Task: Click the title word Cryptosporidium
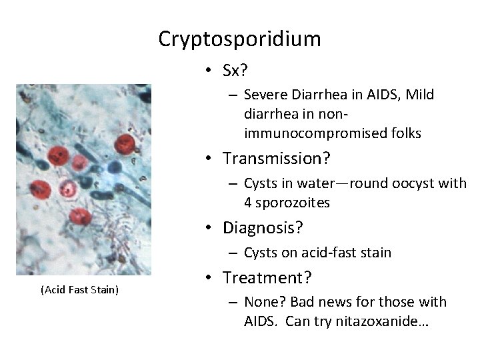pos(239,39)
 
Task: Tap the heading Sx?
pos(236,71)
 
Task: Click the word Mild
pos(419,95)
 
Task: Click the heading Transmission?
pos(273,159)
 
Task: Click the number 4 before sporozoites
pos(249,202)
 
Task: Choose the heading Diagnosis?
pos(263,228)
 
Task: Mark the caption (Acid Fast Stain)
pos(79,289)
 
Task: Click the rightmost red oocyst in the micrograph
pos(125,143)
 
